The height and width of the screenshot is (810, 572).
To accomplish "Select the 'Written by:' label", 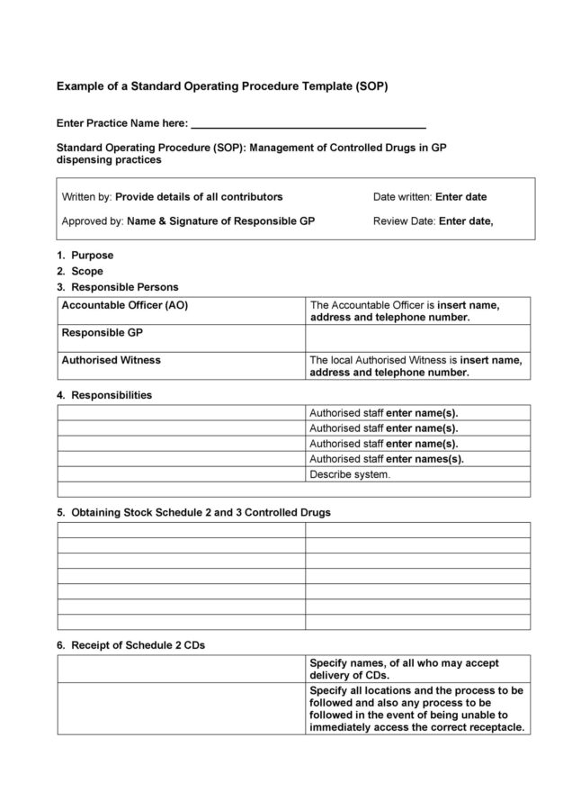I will pyautogui.click(x=86, y=197).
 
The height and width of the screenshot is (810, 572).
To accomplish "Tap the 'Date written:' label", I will pyautogui.click(x=402, y=197).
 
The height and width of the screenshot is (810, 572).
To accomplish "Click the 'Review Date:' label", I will pyautogui.click(x=405, y=221).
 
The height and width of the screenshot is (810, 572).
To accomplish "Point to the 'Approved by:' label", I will pyautogui.click(x=93, y=221).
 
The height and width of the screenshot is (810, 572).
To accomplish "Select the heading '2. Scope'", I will pyautogui.click(x=80, y=271).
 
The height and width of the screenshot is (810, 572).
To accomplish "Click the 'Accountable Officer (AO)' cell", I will pyautogui.click(x=125, y=306).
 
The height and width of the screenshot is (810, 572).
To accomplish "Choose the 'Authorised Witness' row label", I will pyautogui.click(x=112, y=360).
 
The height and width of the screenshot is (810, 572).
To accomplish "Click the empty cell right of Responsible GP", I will pyautogui.click(x=418, y=337).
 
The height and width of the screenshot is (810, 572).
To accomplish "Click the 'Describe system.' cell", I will pyautogui.click(x=350, y=474).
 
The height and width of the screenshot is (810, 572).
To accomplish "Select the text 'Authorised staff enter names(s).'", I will pyautogui.click(x=387, y=459).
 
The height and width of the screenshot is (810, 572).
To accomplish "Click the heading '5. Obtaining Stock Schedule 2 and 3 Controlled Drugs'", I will pyautogui.click(x=193, y=512).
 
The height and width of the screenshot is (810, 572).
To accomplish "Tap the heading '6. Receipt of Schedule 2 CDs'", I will pyautogui.click(x=136, y=645).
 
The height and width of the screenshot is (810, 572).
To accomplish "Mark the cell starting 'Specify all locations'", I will pyautogui.click(x=417, y=708).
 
